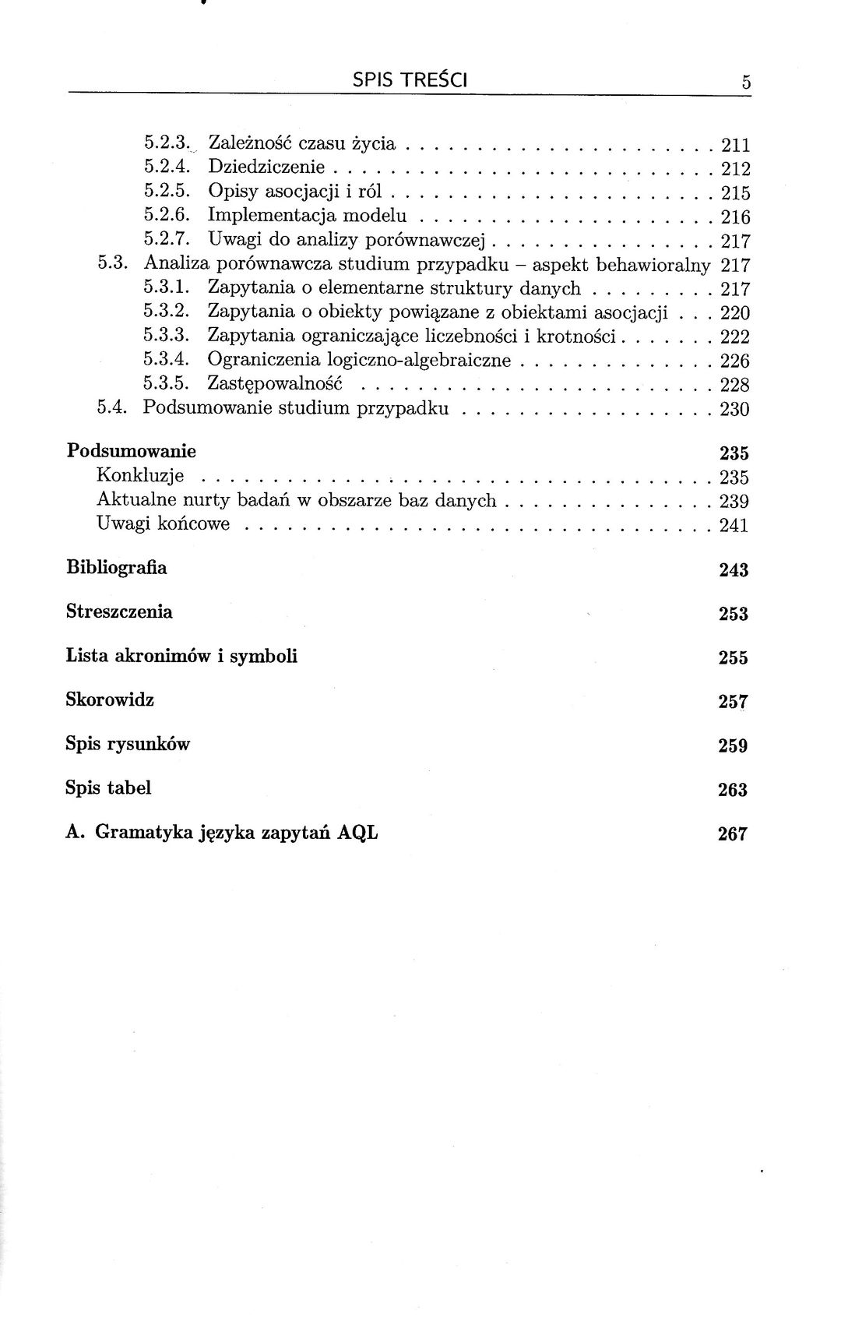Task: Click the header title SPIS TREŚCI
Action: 410,79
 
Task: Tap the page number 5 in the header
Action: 745,82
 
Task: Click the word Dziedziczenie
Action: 266,167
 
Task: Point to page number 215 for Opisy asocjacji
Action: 735,192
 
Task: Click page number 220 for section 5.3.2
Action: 735,313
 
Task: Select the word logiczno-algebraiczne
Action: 419,361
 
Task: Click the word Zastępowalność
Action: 275,384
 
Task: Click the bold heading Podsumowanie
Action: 131,452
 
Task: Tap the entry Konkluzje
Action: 140,475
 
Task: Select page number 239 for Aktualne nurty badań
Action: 734,501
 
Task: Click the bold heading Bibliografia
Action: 116,567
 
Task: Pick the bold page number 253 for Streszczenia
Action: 733,614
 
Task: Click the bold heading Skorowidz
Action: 110,700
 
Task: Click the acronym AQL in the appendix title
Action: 357,832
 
